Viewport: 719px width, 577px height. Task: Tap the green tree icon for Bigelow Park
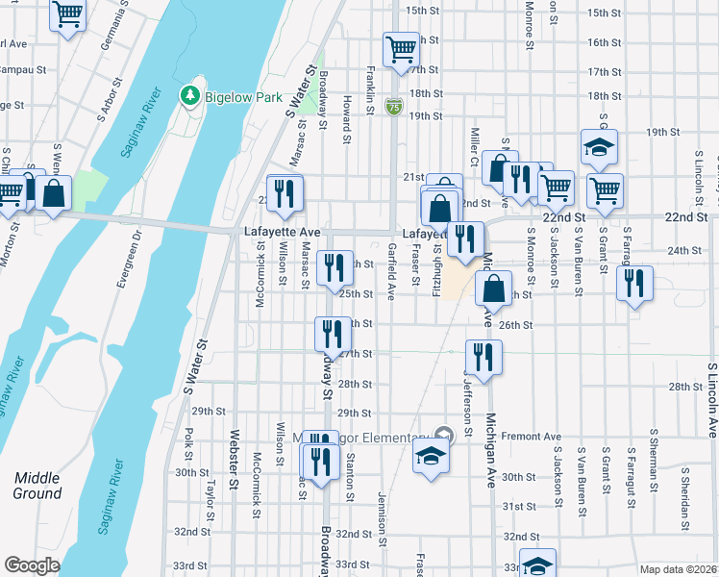pyautogui.click(x=189, y=95)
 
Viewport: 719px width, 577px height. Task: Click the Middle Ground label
pyautogui.click(x=37, y=486)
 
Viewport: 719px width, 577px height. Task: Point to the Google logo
pyautogui.click(x=32, y=565)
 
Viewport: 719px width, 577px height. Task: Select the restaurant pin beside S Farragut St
pyautogui.click(x=634, y=283)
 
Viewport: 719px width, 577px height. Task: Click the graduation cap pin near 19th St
pyautogui.click(x=599, y=147)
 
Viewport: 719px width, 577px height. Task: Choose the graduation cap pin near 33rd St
pyautogui.click(x=537, y=564)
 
